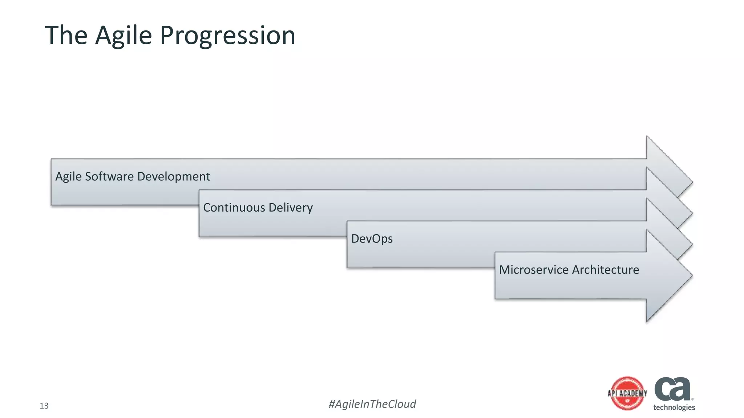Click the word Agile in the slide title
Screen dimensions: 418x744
(x=124, y=36)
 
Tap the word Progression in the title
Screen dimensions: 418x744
(x=227, y=36)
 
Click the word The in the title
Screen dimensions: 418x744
(x=66, y=36)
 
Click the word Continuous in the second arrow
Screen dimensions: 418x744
(x=234, y=208)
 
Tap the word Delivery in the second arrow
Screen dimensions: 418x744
(x=291, y=208)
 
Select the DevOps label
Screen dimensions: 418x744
(x=372, y=239)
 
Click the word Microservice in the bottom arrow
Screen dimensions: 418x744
(x=534, y=270)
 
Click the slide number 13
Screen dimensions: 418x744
(x=44, y=406)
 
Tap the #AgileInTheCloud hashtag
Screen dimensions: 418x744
(x=372, y=404)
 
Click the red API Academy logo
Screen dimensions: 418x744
(x=627, y=393)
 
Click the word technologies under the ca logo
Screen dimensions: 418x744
(x=674, y=407)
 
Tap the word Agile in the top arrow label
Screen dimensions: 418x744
(x=68, y=176)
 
